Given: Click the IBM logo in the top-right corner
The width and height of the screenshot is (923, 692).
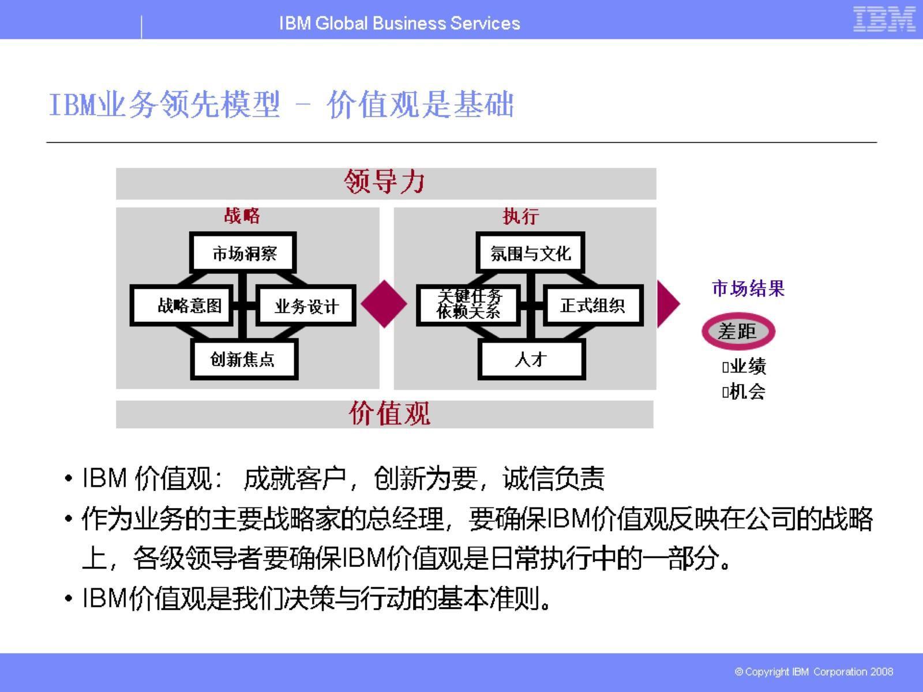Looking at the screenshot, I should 884,19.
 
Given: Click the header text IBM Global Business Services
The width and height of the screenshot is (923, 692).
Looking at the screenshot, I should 399,24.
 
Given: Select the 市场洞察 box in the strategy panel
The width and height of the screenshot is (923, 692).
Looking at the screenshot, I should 243,253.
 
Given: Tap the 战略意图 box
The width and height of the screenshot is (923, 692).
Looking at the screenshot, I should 182,305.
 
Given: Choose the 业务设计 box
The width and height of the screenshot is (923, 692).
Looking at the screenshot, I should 306,306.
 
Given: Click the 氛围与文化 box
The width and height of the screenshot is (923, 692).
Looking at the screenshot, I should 531,253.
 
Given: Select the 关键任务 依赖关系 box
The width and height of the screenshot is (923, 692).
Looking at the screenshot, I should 468,304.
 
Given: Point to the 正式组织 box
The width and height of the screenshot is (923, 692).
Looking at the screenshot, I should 593,305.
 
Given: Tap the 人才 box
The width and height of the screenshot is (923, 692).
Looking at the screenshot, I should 531,359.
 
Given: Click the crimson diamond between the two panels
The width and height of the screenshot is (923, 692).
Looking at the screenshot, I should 384,304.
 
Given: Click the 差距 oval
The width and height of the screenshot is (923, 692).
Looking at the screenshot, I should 738,332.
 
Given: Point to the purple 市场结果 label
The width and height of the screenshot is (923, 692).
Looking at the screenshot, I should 748,288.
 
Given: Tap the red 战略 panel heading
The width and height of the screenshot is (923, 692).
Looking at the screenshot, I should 242,216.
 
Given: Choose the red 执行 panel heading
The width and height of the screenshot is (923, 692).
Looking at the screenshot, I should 520,216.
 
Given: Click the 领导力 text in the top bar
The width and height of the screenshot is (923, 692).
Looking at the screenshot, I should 385,182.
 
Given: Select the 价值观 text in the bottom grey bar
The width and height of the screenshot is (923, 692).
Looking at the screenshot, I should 389,414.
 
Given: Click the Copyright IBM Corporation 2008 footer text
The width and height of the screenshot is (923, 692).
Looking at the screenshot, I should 813,672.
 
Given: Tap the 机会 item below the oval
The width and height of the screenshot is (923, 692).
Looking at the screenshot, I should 746,392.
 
